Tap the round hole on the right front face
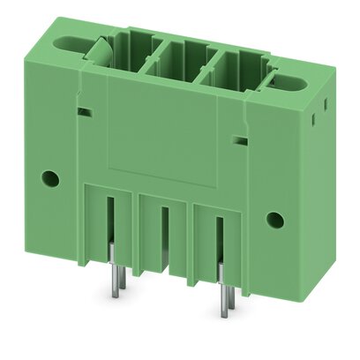coord(274,220)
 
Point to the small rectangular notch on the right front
coord(238,139)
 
